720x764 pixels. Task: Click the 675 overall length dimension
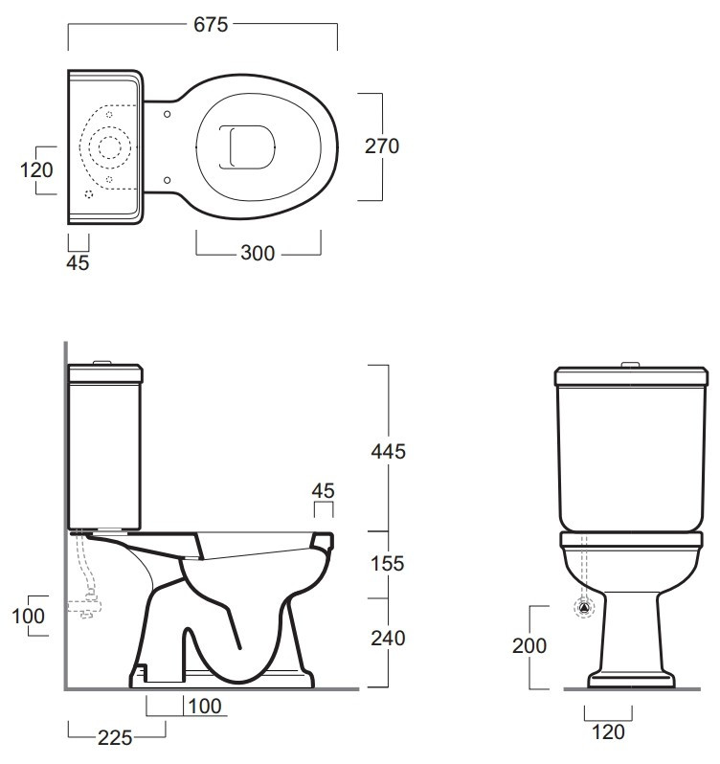click(211, 24)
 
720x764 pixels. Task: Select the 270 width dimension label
click(382, 146)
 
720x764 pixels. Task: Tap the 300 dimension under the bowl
click(258, 253)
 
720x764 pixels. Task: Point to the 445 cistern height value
click(389, 451)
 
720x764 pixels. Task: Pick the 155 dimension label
click(388, 563)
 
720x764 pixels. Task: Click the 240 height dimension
click(389, 638)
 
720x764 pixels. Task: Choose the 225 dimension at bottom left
click(115, 738)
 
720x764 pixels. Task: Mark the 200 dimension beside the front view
click(529, 645)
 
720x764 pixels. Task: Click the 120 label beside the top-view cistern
click(36, 170)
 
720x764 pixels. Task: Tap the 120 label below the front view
click(608, 731)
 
